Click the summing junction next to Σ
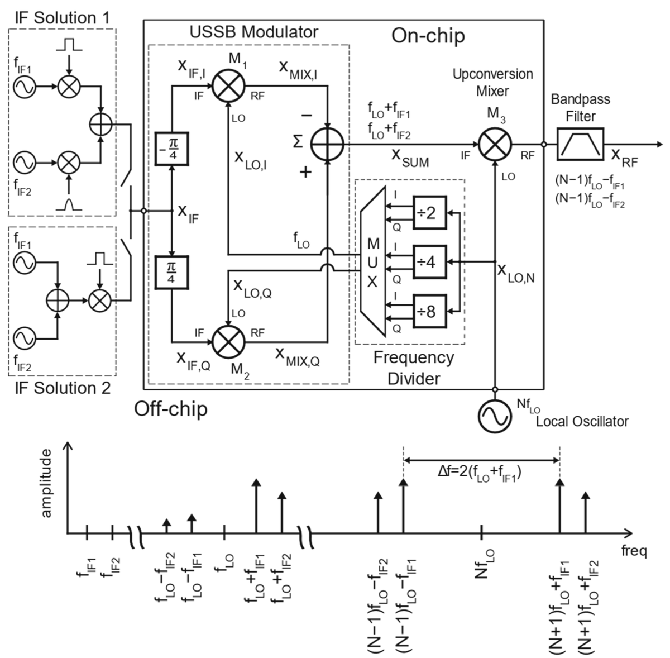(327, 144)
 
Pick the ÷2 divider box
(429, 212)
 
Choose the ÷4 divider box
(429, 261)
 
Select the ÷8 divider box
(429, 311)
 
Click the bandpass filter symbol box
(580, 144)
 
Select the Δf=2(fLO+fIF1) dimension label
(480, 473)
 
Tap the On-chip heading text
(428, 36)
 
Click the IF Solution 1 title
(61, 17)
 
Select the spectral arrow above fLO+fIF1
(256, 506)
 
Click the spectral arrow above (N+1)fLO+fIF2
(585, 512)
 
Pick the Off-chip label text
(170, 409)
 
